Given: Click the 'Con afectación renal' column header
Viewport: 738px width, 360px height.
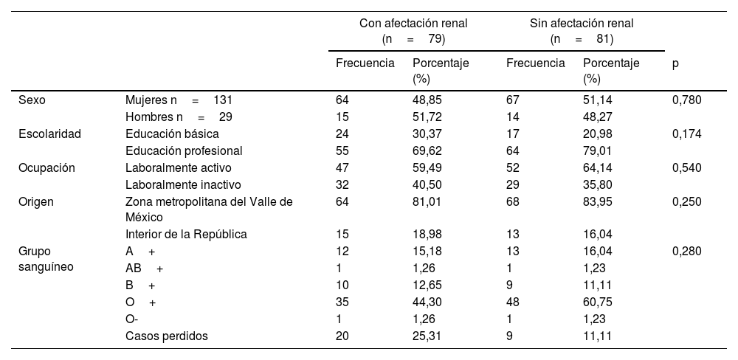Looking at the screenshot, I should (x=413, y=30).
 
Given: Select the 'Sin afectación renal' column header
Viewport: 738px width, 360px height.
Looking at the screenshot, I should (x=582, y=30).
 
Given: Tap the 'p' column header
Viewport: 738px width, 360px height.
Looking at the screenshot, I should (x=675, y=63).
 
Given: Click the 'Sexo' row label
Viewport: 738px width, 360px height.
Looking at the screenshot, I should (x=32, y=100).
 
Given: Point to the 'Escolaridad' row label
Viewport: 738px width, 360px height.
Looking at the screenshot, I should (x=49, y=134).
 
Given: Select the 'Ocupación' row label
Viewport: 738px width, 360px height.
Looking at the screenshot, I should (x=46, y=167).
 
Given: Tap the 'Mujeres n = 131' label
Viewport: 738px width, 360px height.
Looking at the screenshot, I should (x=179, y=100).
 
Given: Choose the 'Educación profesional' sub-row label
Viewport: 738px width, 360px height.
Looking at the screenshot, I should (x=184, y=150).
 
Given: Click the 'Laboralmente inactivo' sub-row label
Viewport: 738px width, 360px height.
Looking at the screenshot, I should (x=183, y=184).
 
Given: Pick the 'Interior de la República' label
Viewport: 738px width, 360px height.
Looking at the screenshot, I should (x=186, y=235).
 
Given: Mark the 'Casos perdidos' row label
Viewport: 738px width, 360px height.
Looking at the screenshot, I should (x=167, y=336).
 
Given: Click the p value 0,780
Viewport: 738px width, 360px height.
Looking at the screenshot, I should (x=686, y=100).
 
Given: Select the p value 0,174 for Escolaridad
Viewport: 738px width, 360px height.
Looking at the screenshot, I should (x=686, y=134).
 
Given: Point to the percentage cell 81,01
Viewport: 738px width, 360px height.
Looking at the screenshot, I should (x=427, y=201).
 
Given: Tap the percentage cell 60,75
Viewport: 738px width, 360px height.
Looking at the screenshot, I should (x=598, y=302).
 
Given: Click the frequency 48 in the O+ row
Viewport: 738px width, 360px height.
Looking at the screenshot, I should (x=513, y=302).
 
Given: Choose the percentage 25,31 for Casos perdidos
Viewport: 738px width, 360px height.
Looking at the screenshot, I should (x=427, y=336).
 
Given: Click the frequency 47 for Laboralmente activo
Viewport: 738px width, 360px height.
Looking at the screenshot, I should (x=342, y=167).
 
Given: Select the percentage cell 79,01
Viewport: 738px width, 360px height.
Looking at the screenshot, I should (x=598, y=150).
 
